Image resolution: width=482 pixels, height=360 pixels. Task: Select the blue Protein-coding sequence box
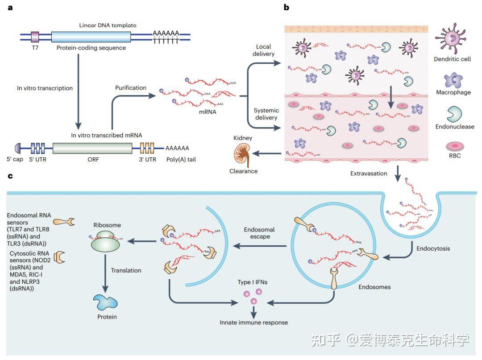click(91, 37)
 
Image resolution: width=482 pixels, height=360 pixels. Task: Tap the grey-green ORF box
click(92, 148)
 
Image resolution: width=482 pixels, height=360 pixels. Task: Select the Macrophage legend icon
click(453, 79)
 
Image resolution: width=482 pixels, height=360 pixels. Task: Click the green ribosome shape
click(105, 241)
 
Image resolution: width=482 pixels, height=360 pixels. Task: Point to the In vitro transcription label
click(45, 88)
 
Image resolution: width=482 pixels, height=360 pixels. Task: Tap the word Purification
click(131, 87)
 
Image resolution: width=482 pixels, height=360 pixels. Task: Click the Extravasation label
click(369, 173)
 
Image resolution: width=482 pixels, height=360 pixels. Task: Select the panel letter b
click(286, 7)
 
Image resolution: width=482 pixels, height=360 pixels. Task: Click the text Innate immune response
click(253, 322)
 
